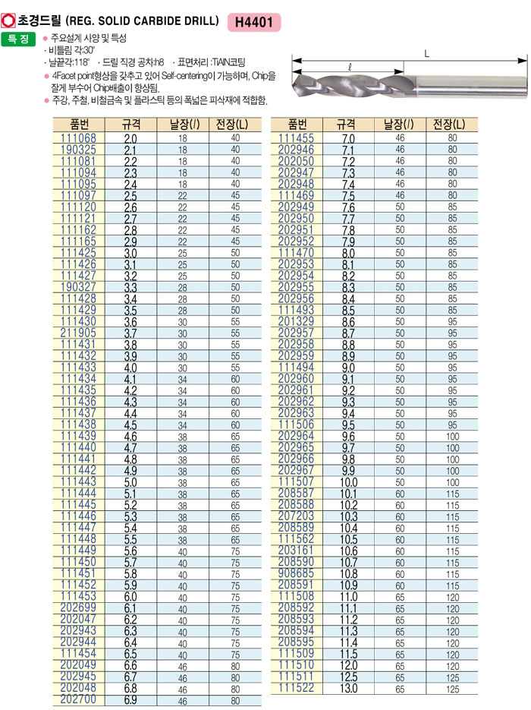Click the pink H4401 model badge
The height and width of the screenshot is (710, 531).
pos(254,21)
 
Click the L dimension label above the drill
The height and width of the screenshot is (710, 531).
pos(427,52)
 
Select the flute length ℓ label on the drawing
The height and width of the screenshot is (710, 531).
pos(348,67)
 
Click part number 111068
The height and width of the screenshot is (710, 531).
pos(78,139)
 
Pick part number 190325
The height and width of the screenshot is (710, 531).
pos(78,150)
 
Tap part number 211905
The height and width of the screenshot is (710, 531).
pos(78,333)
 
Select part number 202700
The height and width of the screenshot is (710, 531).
pos(78,699)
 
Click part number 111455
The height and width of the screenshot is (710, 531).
pos(296,139)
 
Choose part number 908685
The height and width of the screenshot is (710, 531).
pos(296,573)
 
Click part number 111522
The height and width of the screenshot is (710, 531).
pos(296,688)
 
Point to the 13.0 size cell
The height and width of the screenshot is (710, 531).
pos(349,688)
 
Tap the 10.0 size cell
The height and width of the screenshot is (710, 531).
pos(349,482)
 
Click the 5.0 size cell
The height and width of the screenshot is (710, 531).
pos(130,482)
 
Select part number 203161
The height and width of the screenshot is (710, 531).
pos(296,551)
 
